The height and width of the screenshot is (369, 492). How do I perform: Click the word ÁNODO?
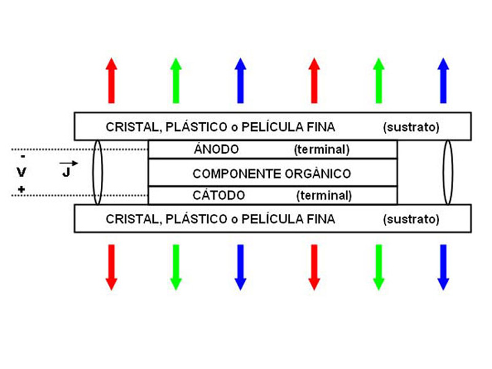point(216,149)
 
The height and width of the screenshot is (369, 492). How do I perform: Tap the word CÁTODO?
point(219,195)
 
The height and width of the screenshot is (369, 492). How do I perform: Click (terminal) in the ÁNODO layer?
point(322,149)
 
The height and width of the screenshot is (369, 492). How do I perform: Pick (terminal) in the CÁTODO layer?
point(324,196)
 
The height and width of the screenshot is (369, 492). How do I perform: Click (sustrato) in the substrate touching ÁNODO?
point(411,127)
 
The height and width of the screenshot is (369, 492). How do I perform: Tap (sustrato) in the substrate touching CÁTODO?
point(411,219)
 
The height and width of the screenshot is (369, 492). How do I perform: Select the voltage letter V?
point(22,172)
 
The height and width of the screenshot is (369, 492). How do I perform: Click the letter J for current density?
point(66,172)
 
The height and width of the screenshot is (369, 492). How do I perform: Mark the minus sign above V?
point(23,156)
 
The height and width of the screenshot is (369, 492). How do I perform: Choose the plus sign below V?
point(22,189)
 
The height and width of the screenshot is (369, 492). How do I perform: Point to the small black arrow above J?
point(68,163)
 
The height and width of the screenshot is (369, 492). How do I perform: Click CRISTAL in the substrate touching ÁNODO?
point(133,127)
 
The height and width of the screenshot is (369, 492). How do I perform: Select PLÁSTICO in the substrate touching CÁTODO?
point(196,219)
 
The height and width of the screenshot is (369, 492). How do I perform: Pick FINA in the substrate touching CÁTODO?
point(321,219)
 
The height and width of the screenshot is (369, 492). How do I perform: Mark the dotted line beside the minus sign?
point(79,149)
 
